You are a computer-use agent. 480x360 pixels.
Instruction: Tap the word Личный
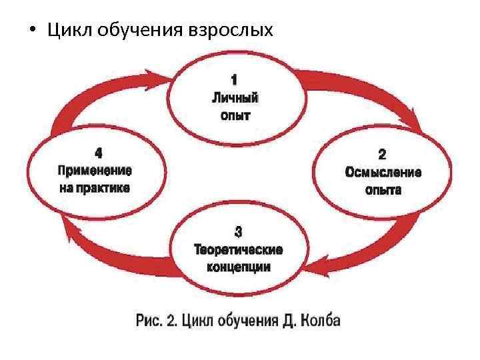(235, 99)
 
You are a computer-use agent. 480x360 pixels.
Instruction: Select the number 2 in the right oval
(382, 155)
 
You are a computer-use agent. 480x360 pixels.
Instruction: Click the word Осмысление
(383, 172)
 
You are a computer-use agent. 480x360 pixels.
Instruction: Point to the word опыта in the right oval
(383, 189)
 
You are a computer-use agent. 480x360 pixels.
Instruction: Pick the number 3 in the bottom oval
(239, 233)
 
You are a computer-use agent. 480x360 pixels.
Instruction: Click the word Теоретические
(238, 250)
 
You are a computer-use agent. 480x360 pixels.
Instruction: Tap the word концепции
(238, 267)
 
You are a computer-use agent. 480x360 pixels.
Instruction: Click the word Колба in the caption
(317, 320)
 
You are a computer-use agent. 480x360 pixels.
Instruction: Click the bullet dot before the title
(31, 31)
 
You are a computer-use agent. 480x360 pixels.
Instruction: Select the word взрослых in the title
(231, 31)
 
